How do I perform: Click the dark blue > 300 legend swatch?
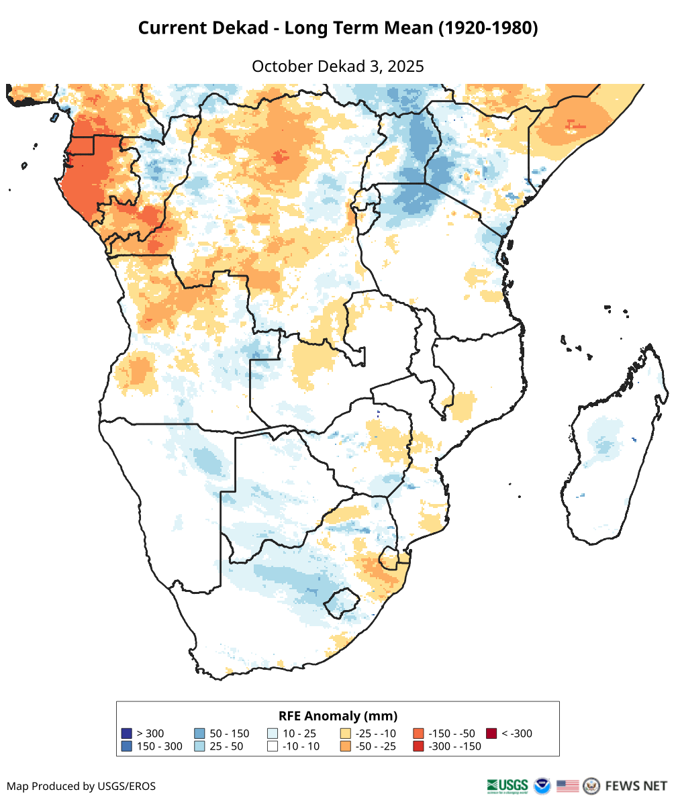(126, 733)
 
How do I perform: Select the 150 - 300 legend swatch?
(126, 746)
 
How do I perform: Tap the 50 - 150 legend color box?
(199, 733)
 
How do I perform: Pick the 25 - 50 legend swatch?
(199, 746)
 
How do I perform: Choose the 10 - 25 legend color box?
(273, 733)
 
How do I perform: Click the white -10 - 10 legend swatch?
(273, 746)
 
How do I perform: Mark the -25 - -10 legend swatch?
(346, 733)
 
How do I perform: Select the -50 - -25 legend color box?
(346, 746)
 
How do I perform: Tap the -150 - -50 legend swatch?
(418, 733)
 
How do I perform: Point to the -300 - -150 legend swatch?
(418, 746)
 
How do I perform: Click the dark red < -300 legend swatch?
(491, 733)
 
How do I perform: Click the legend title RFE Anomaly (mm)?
(338, 715)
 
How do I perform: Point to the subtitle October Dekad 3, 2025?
(338, 66)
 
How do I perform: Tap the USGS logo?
(508, 785)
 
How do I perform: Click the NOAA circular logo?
(542, 785)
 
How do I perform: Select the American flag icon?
(567, 785)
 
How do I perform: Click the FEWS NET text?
(636, 785)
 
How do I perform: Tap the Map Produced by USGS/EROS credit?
(81, 786)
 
